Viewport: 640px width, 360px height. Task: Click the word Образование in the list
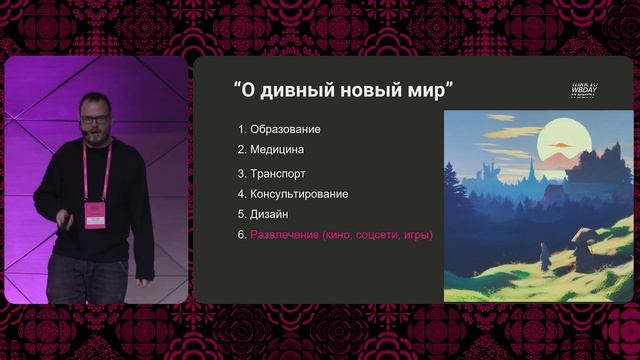pyautogui.click(x=285, y=129)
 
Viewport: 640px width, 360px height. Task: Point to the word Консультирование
pyautogui.click(x=299, y=193)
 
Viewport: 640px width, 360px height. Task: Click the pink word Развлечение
pyautogui.click(x=283, y=235)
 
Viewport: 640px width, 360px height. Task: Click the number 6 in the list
pyautogui.click(x=241, y=235)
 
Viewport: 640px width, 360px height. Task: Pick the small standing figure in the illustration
pyautogui.click(x=546, y=256)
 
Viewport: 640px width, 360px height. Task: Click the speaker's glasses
pyautogui.click(x=95, y=119)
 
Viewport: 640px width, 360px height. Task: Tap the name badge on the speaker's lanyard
pyautogui.click(x=95, y=213)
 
